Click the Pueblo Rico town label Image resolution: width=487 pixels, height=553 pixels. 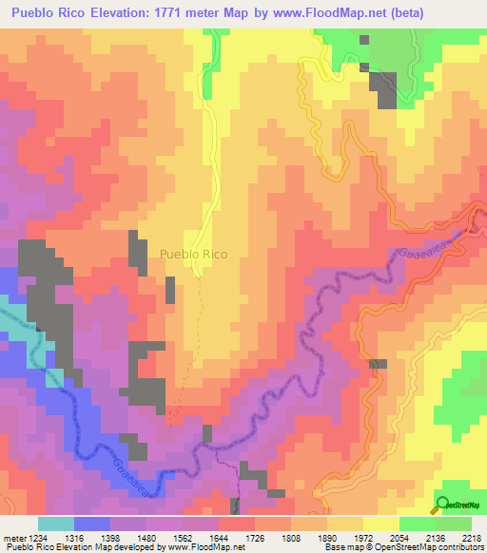[x=194, y=255]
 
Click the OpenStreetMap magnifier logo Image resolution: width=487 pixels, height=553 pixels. [x=443, y=504]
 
